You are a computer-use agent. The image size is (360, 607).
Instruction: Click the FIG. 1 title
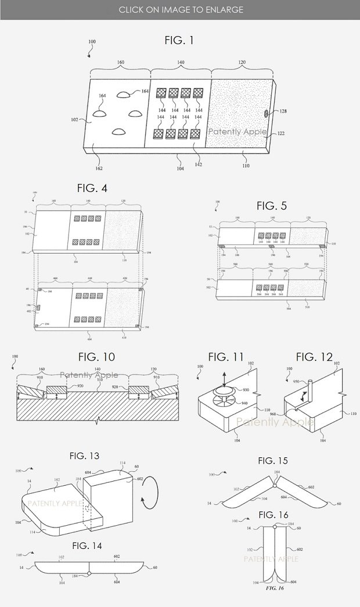179,41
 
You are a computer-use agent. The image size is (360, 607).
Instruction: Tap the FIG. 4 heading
92,188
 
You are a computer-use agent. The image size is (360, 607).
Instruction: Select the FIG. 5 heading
272,206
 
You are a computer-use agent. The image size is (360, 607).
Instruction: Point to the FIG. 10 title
96,357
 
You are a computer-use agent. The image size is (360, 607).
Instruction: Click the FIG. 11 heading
227,357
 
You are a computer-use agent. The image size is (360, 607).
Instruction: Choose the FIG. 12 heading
314,357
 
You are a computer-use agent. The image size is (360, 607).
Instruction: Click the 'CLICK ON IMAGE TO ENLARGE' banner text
181,10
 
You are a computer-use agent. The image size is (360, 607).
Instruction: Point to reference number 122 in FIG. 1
280,133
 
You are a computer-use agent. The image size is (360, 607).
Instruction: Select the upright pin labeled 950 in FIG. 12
311,389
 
